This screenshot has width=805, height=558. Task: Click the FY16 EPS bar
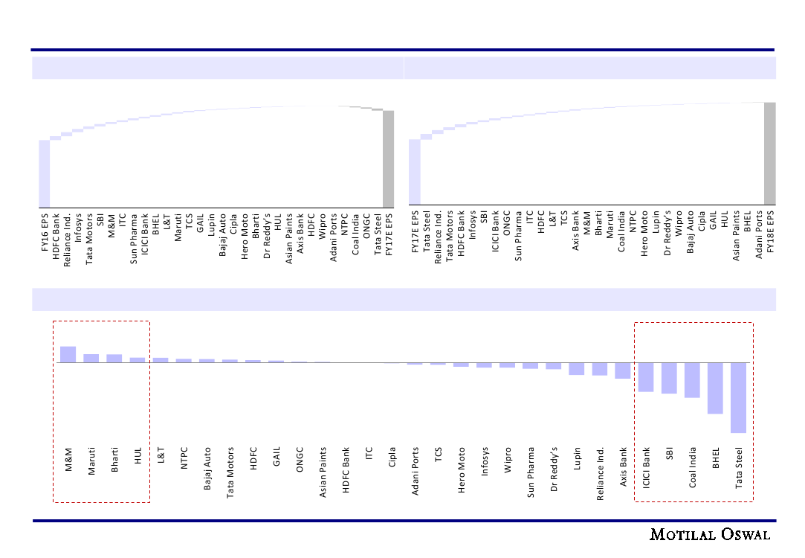(x=45, y=173)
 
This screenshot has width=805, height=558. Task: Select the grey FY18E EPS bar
(x=769, y=153)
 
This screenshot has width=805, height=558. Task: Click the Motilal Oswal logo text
(x=710, y=535)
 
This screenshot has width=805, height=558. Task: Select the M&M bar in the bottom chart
(x=68, y=355)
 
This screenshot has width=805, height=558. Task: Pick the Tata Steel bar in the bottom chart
(x=738, y=397)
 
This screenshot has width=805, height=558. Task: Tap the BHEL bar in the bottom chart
(x=715, y=388)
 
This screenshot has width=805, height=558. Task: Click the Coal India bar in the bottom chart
(x=692, y=379)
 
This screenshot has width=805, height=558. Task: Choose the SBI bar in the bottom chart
(x=669, y=378)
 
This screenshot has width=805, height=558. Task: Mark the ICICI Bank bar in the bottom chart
(x=645, y=376)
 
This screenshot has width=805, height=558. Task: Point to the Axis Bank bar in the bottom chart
(x=622, y=371)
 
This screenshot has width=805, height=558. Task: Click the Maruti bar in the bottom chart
(x=91, y=359)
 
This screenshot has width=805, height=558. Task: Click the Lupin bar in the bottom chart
(x=576, y=369)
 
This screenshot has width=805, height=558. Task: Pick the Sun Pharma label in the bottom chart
(x=531, y=472)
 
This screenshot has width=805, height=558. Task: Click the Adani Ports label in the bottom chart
(x=416, y=471)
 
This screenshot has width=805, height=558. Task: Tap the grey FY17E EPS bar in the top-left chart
(x=388, y=158)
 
